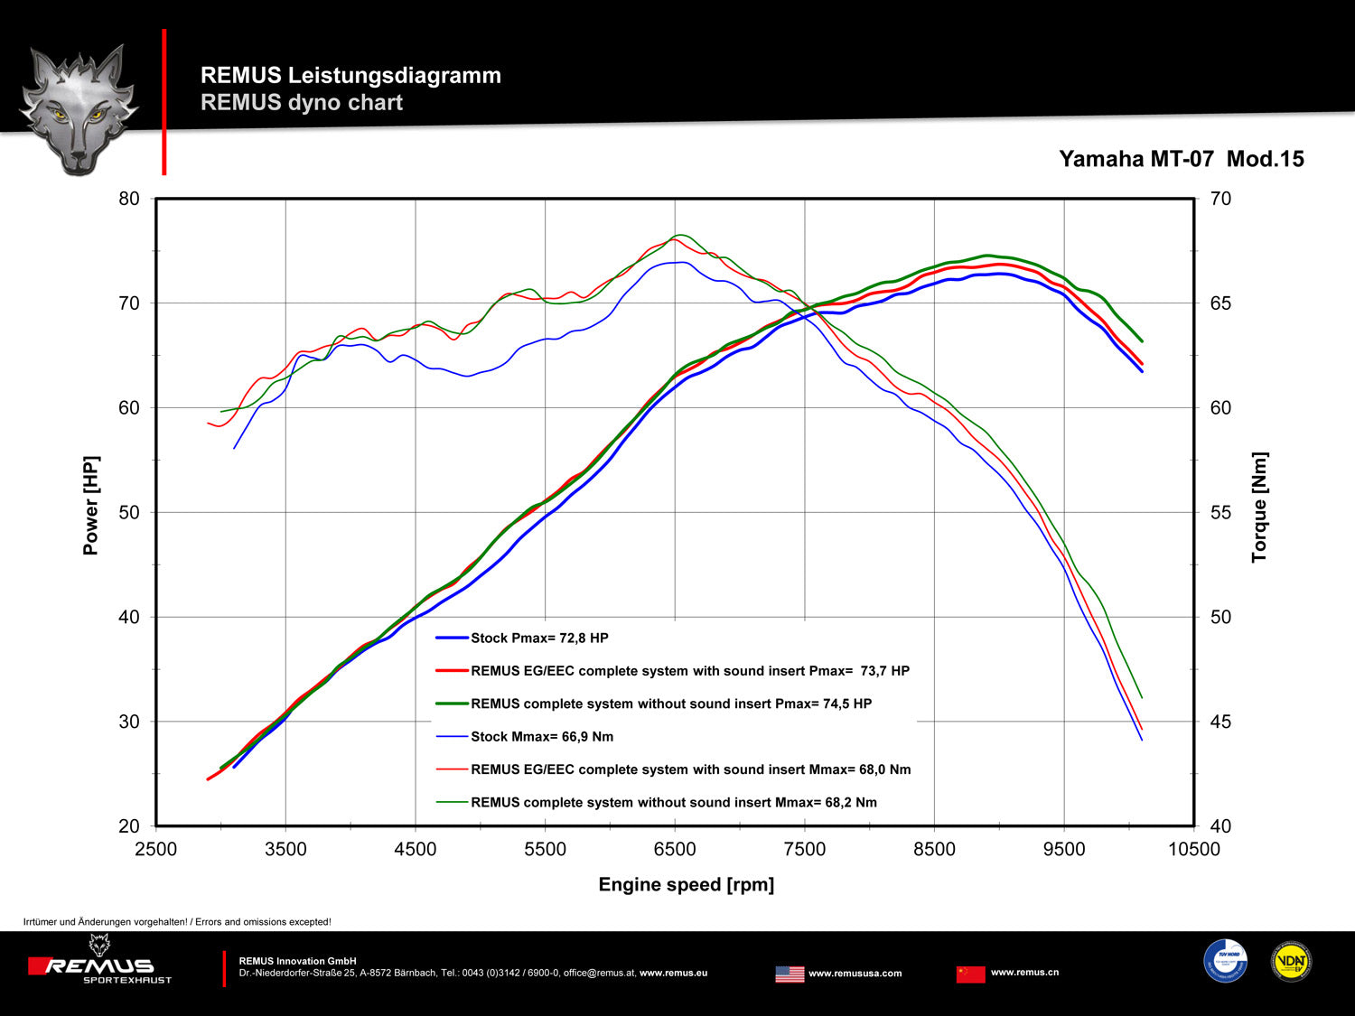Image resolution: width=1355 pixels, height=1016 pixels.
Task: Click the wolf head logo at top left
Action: [x=79, y=108]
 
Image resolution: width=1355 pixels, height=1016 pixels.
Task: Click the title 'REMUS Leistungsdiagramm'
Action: [x=350, y=75]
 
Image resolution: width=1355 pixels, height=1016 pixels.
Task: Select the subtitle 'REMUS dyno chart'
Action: [x=301, y=102]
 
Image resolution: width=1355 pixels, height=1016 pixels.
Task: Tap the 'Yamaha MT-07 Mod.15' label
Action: [x=1181, y=159]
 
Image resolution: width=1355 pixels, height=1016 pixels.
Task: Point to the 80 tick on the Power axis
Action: [x=129, y=199]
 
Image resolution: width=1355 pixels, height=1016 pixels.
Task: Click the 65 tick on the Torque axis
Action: [x=1220, y=303]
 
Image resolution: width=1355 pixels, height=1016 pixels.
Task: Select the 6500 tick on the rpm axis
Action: [x=675, y=849]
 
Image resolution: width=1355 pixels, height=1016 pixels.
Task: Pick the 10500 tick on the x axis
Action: [x=1193, y=849]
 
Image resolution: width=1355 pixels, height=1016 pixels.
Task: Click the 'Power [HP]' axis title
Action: [x=90, y=505]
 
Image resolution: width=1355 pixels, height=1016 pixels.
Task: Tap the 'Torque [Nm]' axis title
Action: [x=1259, y=508]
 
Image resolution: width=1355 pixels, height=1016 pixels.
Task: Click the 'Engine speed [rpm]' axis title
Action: [x=686, y=884]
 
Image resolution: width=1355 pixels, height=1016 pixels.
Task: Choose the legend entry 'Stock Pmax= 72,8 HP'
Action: [x=539, y=638]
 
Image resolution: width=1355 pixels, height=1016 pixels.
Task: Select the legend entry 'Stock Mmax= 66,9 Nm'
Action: [x=542, y=736]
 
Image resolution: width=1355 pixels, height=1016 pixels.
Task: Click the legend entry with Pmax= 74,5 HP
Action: [x=670, y=704]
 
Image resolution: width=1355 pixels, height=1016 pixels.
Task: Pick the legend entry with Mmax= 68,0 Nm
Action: [x=690, y=769]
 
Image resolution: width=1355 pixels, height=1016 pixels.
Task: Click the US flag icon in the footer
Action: [x=790, y=974]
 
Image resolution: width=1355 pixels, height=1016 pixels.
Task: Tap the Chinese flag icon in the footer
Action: [x=970, y=974]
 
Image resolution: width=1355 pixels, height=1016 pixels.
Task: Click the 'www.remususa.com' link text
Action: [x=855, y=974]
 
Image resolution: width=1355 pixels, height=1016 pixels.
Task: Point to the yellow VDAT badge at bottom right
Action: [x=1291, y=962]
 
